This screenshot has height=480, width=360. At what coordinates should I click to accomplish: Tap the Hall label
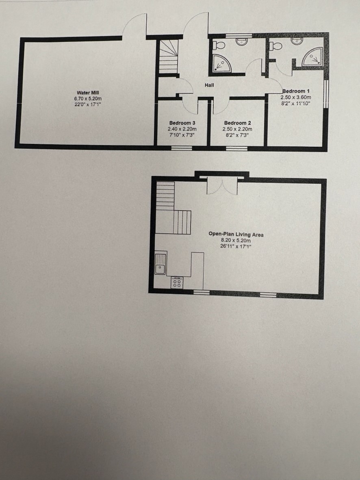pyautogui.click(x=209, y=85)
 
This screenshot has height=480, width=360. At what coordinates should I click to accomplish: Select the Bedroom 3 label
pyautogui.click(x=182, y=123)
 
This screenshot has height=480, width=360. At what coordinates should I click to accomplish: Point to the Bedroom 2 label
pyautogui.click(x=238, y=123)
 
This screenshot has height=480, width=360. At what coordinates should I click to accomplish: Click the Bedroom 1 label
pyautogui.click(x=296, y=91)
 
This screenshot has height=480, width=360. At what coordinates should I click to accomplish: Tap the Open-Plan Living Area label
pyautogui.click(x=236, y=235)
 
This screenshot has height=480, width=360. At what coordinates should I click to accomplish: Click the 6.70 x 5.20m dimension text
pyautogui.click(x=88, y=99)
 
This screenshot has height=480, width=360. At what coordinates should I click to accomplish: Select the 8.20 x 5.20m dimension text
pyautogui.click(x=236, y=240)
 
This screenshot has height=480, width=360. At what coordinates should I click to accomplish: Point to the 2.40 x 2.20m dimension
pyautogui.click(x=182, y=129)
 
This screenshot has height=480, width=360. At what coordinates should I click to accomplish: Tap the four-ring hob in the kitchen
pyautogui.click(x=177, y=282)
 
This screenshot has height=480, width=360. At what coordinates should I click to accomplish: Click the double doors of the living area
pyautogui.click(x=222, y=186)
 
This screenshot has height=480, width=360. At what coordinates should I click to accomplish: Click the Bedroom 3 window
pyautogui.click(x=182, y=148)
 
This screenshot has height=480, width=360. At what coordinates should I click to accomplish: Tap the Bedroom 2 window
pyautogui.click(x=236, y=148)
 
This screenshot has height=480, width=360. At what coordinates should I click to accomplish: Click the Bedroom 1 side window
pyautogui.click(x=326, y=94)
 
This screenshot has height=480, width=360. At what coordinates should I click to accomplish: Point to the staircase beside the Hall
pyautogui.click(x=169, y=56)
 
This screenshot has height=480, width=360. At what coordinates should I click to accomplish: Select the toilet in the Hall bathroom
pyautogui.click(x=219, y=46)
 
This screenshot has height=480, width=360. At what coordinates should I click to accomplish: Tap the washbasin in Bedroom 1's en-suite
pyautogui.click(x=297, y=41)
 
